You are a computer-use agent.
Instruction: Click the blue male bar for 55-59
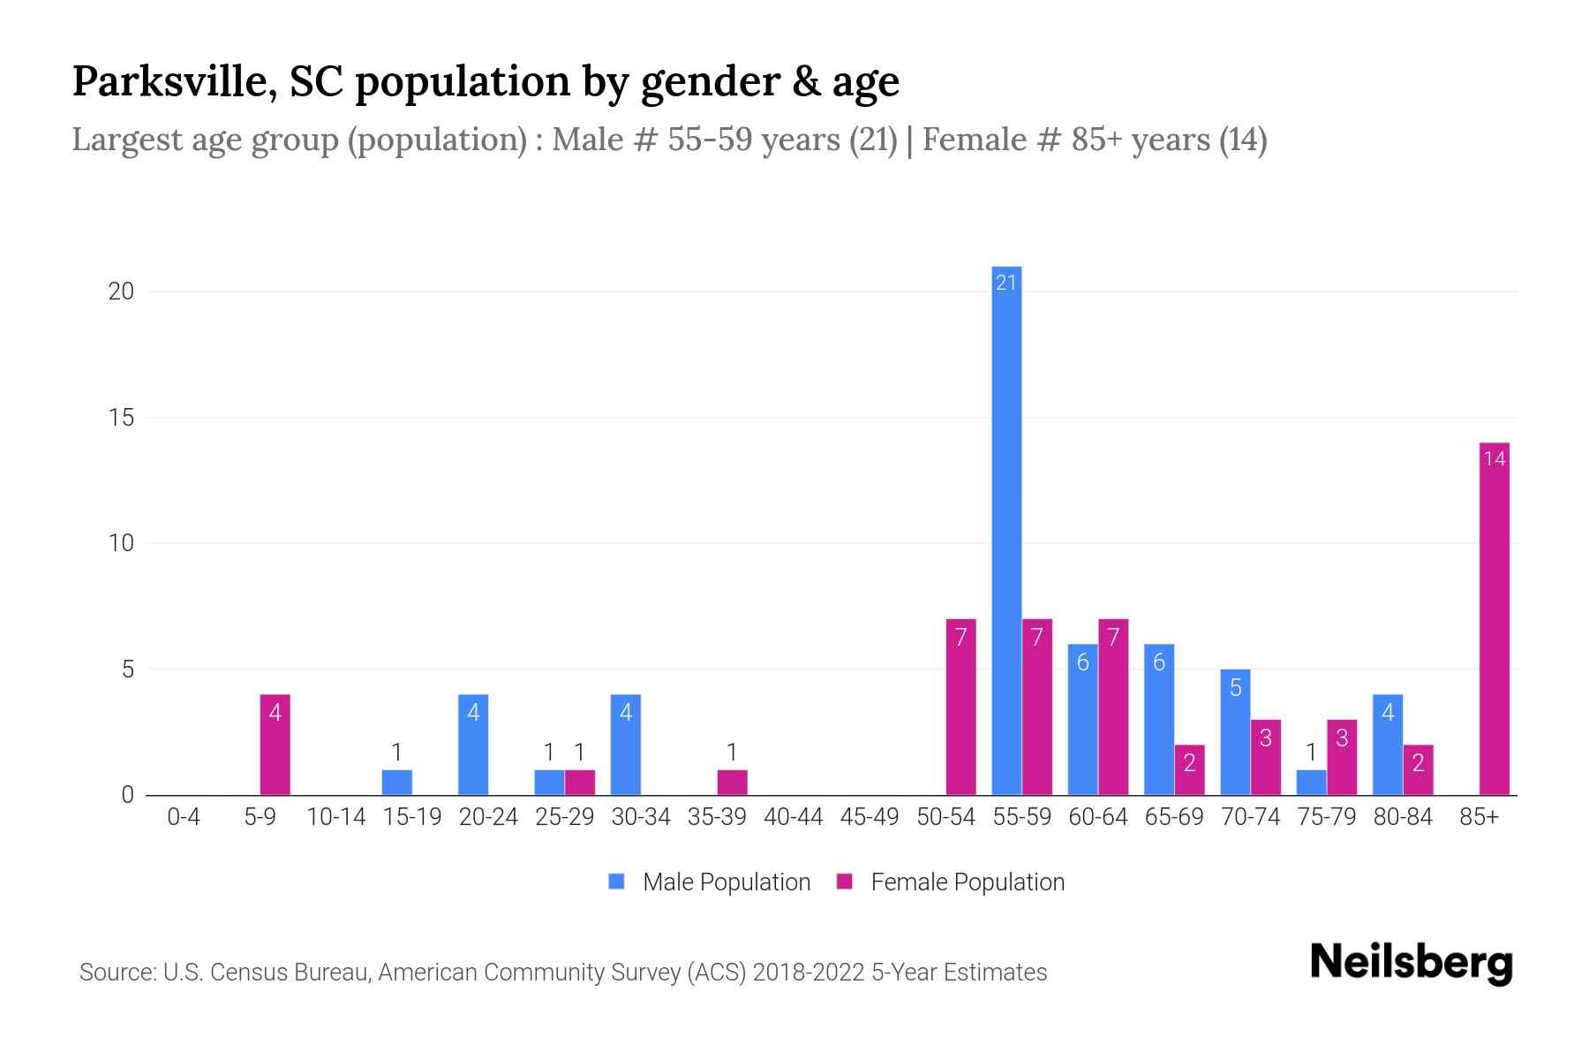1006,530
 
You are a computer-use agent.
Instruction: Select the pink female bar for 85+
1494,618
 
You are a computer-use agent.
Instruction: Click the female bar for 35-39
732,783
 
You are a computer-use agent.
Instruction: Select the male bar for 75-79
1311,783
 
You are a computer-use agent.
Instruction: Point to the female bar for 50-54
960,707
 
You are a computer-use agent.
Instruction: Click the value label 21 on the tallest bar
1006,283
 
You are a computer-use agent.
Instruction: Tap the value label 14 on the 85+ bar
1494,458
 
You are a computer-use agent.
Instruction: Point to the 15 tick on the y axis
121,417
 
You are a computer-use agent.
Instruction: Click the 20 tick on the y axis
121,291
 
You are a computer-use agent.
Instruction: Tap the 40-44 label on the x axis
793,817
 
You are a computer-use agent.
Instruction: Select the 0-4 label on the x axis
184,817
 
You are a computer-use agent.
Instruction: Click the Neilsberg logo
1411,963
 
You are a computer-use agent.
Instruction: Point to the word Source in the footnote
115,973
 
